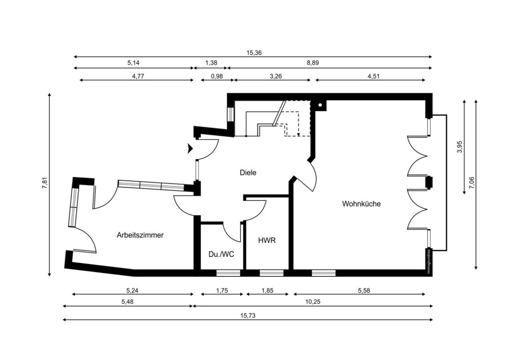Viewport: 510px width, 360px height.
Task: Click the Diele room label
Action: (248, 173)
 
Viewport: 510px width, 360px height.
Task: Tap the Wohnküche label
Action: (361, 204)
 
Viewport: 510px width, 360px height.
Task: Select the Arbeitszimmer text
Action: (140, 235)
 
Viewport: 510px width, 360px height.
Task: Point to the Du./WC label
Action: (221, 254)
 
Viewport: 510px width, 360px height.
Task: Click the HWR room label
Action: (267, 240)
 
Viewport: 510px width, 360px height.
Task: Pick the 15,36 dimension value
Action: (254, 52)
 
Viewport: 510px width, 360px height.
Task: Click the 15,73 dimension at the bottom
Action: (248, 315)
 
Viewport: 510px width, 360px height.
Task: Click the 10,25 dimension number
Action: (313, 302)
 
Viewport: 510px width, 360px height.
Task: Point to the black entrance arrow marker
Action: (190, 149)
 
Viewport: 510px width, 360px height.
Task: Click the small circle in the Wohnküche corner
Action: (321, 106)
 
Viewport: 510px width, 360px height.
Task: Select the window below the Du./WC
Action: (228, 273)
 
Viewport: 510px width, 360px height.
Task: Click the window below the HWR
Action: (271, 273)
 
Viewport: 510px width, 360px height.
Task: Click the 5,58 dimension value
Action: (363, 291)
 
